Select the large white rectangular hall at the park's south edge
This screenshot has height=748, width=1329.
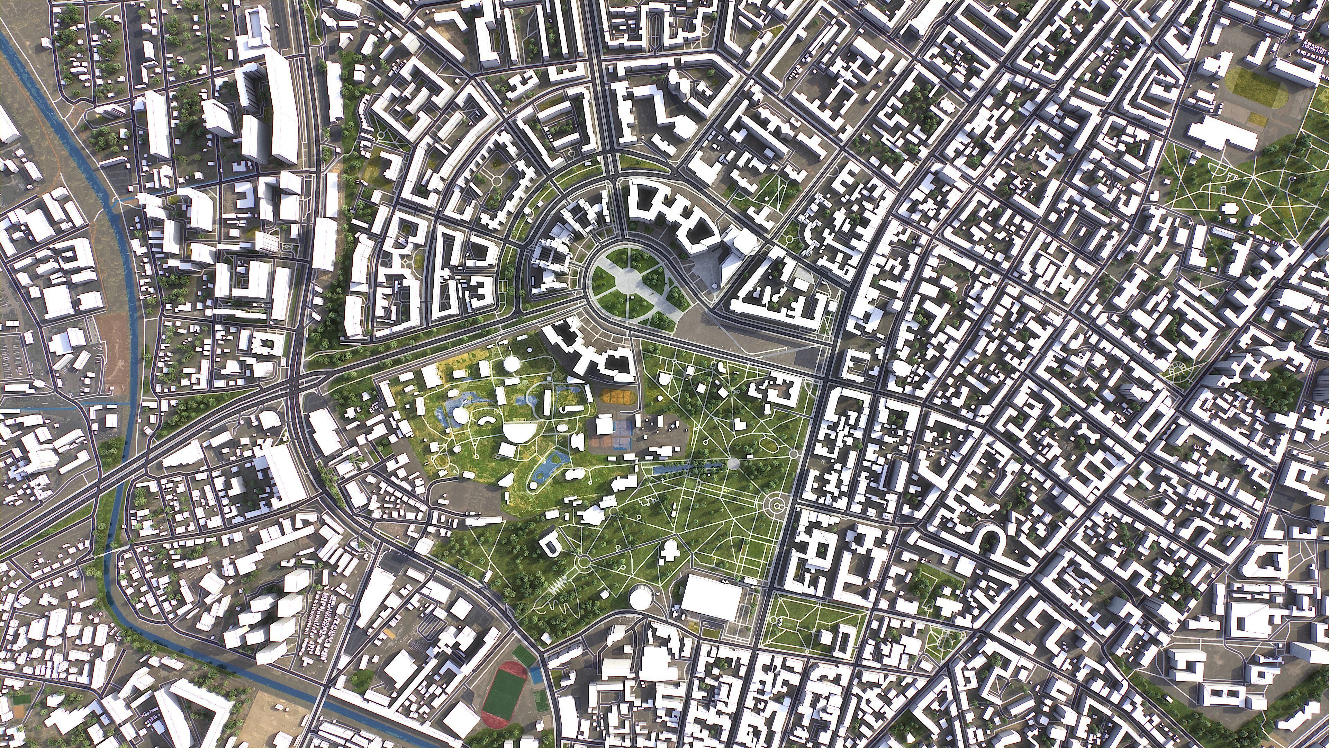[712, 599]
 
